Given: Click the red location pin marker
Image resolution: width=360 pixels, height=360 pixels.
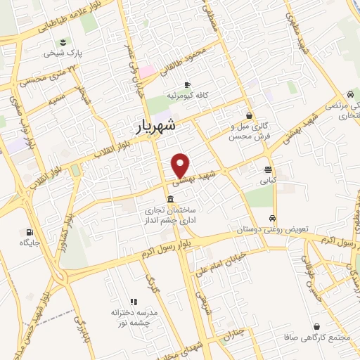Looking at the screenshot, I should (181, 165).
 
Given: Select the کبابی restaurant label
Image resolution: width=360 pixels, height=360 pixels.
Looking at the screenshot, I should (268, 181).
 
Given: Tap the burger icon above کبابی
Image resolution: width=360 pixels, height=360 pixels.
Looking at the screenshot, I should (268, 169).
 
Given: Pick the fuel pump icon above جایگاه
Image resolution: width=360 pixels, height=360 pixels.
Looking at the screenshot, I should (29, 232).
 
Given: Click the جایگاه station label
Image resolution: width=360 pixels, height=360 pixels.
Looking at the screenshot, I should (29, 243).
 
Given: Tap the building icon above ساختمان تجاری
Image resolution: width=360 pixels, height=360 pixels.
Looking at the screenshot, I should (172, 200).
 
